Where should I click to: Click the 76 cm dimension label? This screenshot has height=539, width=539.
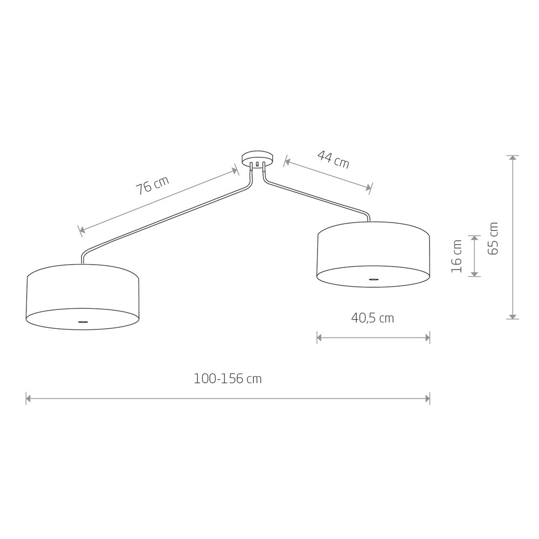(x=153, y=186)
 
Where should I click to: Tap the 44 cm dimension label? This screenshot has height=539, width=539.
(x=333, y=160)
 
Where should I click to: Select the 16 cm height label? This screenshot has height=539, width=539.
(x=457, y=256)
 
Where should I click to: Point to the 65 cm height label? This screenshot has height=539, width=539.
(x=493, y=238)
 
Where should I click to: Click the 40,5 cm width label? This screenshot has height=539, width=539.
(x=372, y=319)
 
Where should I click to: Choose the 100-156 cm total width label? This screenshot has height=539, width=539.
(x=227, y=379)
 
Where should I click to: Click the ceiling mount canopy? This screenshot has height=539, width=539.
(x=258, y=159)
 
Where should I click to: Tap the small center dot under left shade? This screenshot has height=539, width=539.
(x=82, y=322)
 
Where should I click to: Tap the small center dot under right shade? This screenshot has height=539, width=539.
(x=374, y=279)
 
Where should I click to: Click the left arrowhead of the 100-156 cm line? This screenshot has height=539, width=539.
(x=29, y=399)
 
